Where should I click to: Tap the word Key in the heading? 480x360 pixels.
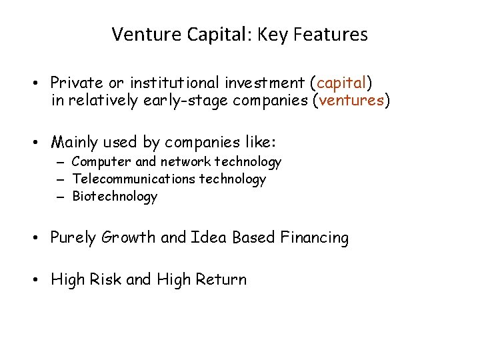[x=271, y=35]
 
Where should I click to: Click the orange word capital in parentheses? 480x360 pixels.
[x=341, y=83]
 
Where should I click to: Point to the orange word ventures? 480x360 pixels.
[x=351, y=101]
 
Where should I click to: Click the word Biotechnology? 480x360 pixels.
[x=115, y=196]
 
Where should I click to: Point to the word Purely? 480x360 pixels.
[x=73, y=238]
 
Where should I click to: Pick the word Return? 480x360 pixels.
[x=221, y=279]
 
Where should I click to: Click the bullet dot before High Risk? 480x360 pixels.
[x=41, y=280]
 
